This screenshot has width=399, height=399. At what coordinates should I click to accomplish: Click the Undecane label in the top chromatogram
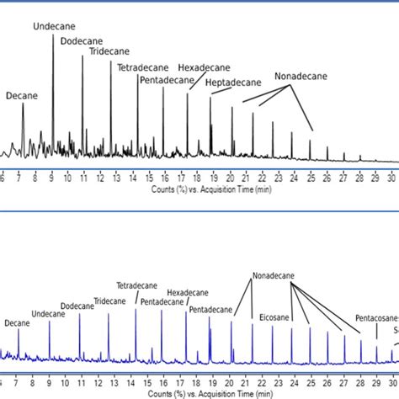pyautogui.click(x=52, y=27)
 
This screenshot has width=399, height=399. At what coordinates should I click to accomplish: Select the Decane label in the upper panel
pyautogui.click(x=22, y=96)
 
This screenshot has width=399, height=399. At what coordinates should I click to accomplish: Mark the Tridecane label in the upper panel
pyautogui.click(x=110, y=51)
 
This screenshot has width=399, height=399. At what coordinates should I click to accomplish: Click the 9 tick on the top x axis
pyautogui.click(x=52, y=178)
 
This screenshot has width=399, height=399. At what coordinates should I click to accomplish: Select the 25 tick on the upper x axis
pyautogui.click(x=311, y=178)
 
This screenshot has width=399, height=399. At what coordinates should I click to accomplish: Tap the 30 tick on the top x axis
pyautogui.click(x=391, y=178)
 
